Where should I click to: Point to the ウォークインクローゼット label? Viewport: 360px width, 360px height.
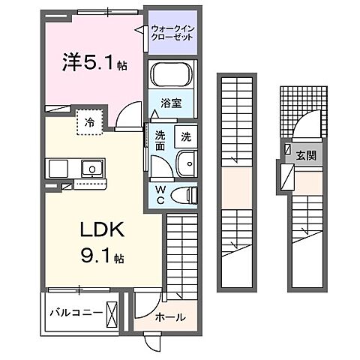[x=172, y=33]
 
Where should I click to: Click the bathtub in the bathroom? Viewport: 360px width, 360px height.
[x=171, y=76]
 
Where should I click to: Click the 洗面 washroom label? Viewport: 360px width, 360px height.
[x=160, y=142]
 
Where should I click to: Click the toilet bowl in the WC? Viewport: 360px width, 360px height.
[x=183, y=195]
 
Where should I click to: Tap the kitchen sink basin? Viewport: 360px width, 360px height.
[x=91, y=167]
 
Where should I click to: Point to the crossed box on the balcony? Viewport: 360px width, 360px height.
[x=112, y=311]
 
